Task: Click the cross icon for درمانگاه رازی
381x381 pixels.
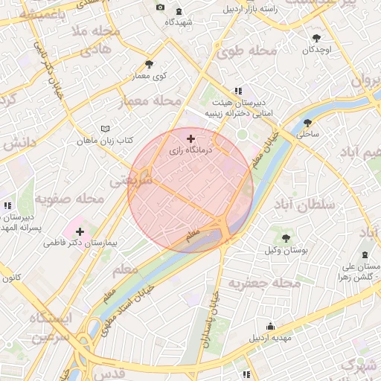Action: point(191,138)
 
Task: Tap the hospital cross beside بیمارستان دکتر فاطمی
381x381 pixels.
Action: point(80,231)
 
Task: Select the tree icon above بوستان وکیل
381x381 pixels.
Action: point(286,238)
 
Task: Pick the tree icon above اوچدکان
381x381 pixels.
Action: point(317,37)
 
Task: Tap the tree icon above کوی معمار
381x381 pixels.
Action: point(149,65)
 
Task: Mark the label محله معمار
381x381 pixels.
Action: point(150,100)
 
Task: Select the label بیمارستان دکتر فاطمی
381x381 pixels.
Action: point(82,243)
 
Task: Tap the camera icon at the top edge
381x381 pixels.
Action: point(160,7)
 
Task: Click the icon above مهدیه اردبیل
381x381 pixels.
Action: point(269,326)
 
